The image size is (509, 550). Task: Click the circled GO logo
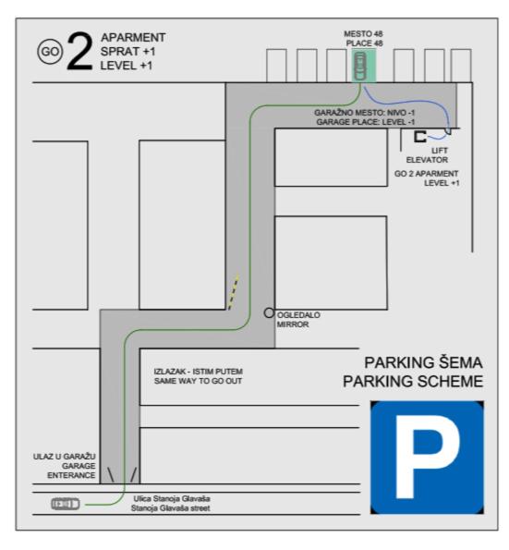click(x=50, y=52)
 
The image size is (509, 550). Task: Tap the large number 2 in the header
click(x=80, y=51)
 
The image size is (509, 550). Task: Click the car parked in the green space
click(x=360, y=66)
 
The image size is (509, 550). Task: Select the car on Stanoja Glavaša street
click(x=66, y=504)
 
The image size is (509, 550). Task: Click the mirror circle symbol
click(x=269, y=312)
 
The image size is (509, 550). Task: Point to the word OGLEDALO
click(x=298, y=315)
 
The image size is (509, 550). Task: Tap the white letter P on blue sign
click(x=427, y=457)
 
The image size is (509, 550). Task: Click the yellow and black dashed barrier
click(x=234, y=292)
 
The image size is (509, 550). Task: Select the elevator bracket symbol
click(x=419, y=137)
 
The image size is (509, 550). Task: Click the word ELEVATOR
click(x=427, y=160)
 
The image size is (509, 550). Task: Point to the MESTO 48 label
click(x=363, y=34)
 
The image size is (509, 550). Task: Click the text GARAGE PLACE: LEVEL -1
click(x=365, y=122)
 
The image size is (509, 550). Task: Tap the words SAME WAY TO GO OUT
click(x=198, y=381)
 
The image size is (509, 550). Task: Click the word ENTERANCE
click(x=71, y=475)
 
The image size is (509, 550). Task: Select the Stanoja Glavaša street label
click(x=171, y=507)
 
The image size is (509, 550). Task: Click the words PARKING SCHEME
click(x=413, y=381)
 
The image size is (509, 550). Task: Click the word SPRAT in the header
click(x=119, y=52)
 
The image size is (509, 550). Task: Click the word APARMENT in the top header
click(x=133, y=37)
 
